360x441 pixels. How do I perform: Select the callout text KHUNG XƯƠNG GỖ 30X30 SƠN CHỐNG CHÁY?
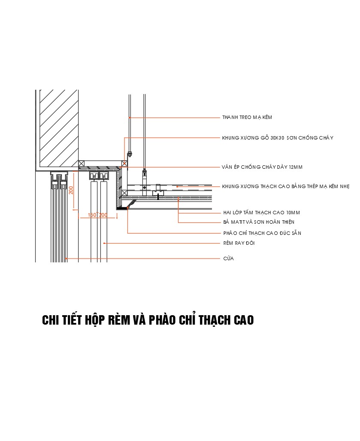pyautogui.click(x=277, y=138)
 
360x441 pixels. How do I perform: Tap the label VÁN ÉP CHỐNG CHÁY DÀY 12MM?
pyautogui.click(x=265, y=167)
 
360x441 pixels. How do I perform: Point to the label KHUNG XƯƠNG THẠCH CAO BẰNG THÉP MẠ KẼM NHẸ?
pyautogui.click(x=286, y=186)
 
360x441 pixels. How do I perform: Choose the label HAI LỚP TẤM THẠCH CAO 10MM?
pyautogui.click(x=261, y=213)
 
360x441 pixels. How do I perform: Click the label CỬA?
pyautogui.click(x=228, y=259)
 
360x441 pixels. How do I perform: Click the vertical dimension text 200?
pyautogui.click(x=71, y=189)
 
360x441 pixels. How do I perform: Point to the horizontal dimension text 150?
pyautogui.click(x=92, y=215)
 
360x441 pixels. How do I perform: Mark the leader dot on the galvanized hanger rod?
pyautogui.click(x=129, y=117)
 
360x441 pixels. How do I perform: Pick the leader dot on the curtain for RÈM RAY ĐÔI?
pyautogui.click(x=104, y=243)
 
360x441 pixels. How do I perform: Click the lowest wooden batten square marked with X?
pyautogui.click(x=124, y=193)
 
